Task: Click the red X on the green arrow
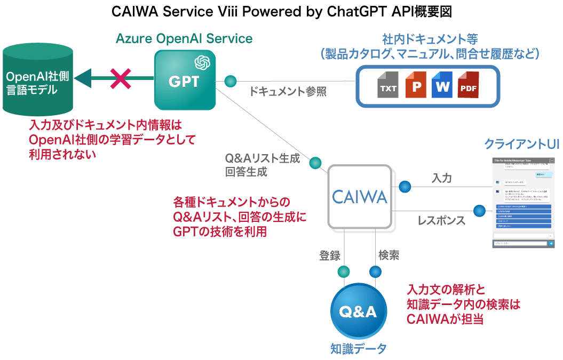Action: [x=121, y=79]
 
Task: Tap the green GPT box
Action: [x=185, y=80]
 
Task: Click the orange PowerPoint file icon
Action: [x=416, y=85]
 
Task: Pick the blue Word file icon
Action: [x=442, y=85]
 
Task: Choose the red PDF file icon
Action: [x=469, y=85]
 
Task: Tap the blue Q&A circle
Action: [x=358, y=311]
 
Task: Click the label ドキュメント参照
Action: [x=288, y=91]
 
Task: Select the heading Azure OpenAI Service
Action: [x=184, y=38]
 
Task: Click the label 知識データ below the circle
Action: [x=358, y=349]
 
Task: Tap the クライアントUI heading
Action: [x=521, y=144]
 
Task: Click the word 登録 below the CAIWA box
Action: [x=330, y=255]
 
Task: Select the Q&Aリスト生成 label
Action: [x=263, y=158]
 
